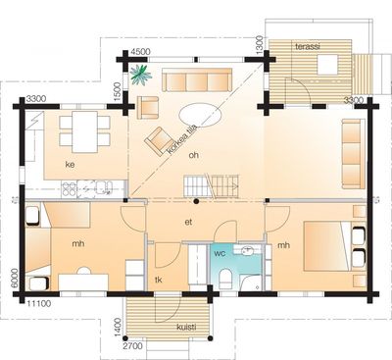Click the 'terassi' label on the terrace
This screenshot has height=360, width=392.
click(x=308, y=46)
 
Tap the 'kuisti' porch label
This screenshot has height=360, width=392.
click(x=186, y=327)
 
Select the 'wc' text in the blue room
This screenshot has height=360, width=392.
click(x=220, y=253)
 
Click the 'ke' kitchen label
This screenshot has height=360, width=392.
click(x=70, y=165)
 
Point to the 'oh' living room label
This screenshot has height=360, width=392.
click(x=194, y=155)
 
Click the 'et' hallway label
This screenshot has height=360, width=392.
click(x=188, y=222)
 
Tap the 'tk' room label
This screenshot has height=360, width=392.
click(x=159, y=280)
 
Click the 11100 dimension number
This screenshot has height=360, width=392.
click(x=39, y=304)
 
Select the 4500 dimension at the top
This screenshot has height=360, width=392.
click(x=140, y=52)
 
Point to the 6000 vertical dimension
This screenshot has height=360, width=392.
click(x=14, y=279)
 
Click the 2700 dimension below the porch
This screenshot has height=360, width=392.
click(x=133, y=346)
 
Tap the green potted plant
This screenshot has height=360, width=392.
click(x=141, y=75)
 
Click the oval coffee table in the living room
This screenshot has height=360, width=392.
click(x=201, y=115)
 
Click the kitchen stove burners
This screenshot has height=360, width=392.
click(x=70, y=189)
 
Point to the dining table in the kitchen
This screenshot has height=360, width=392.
click(x=85, y=131)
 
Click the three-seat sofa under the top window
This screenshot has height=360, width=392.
click(x=197, y=79)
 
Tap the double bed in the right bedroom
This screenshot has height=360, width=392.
click(x=326, y=246)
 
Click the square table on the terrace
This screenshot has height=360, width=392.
click(x=327, y=65)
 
